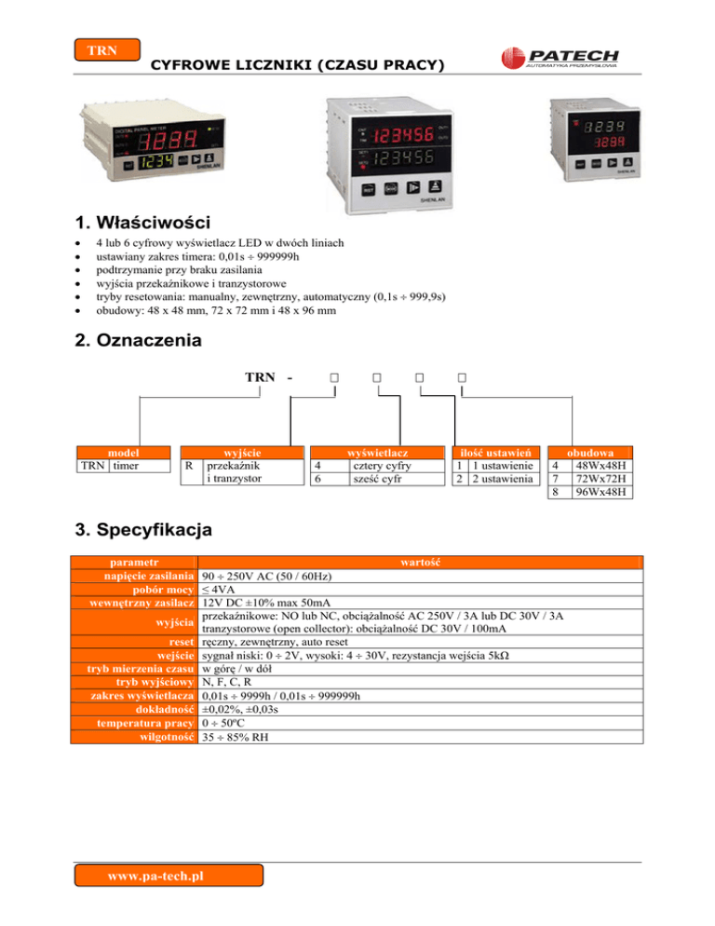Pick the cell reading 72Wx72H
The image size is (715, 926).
point(600,478)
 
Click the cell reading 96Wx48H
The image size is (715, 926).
point(600,491)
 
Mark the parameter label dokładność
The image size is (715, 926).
point(164,709)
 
